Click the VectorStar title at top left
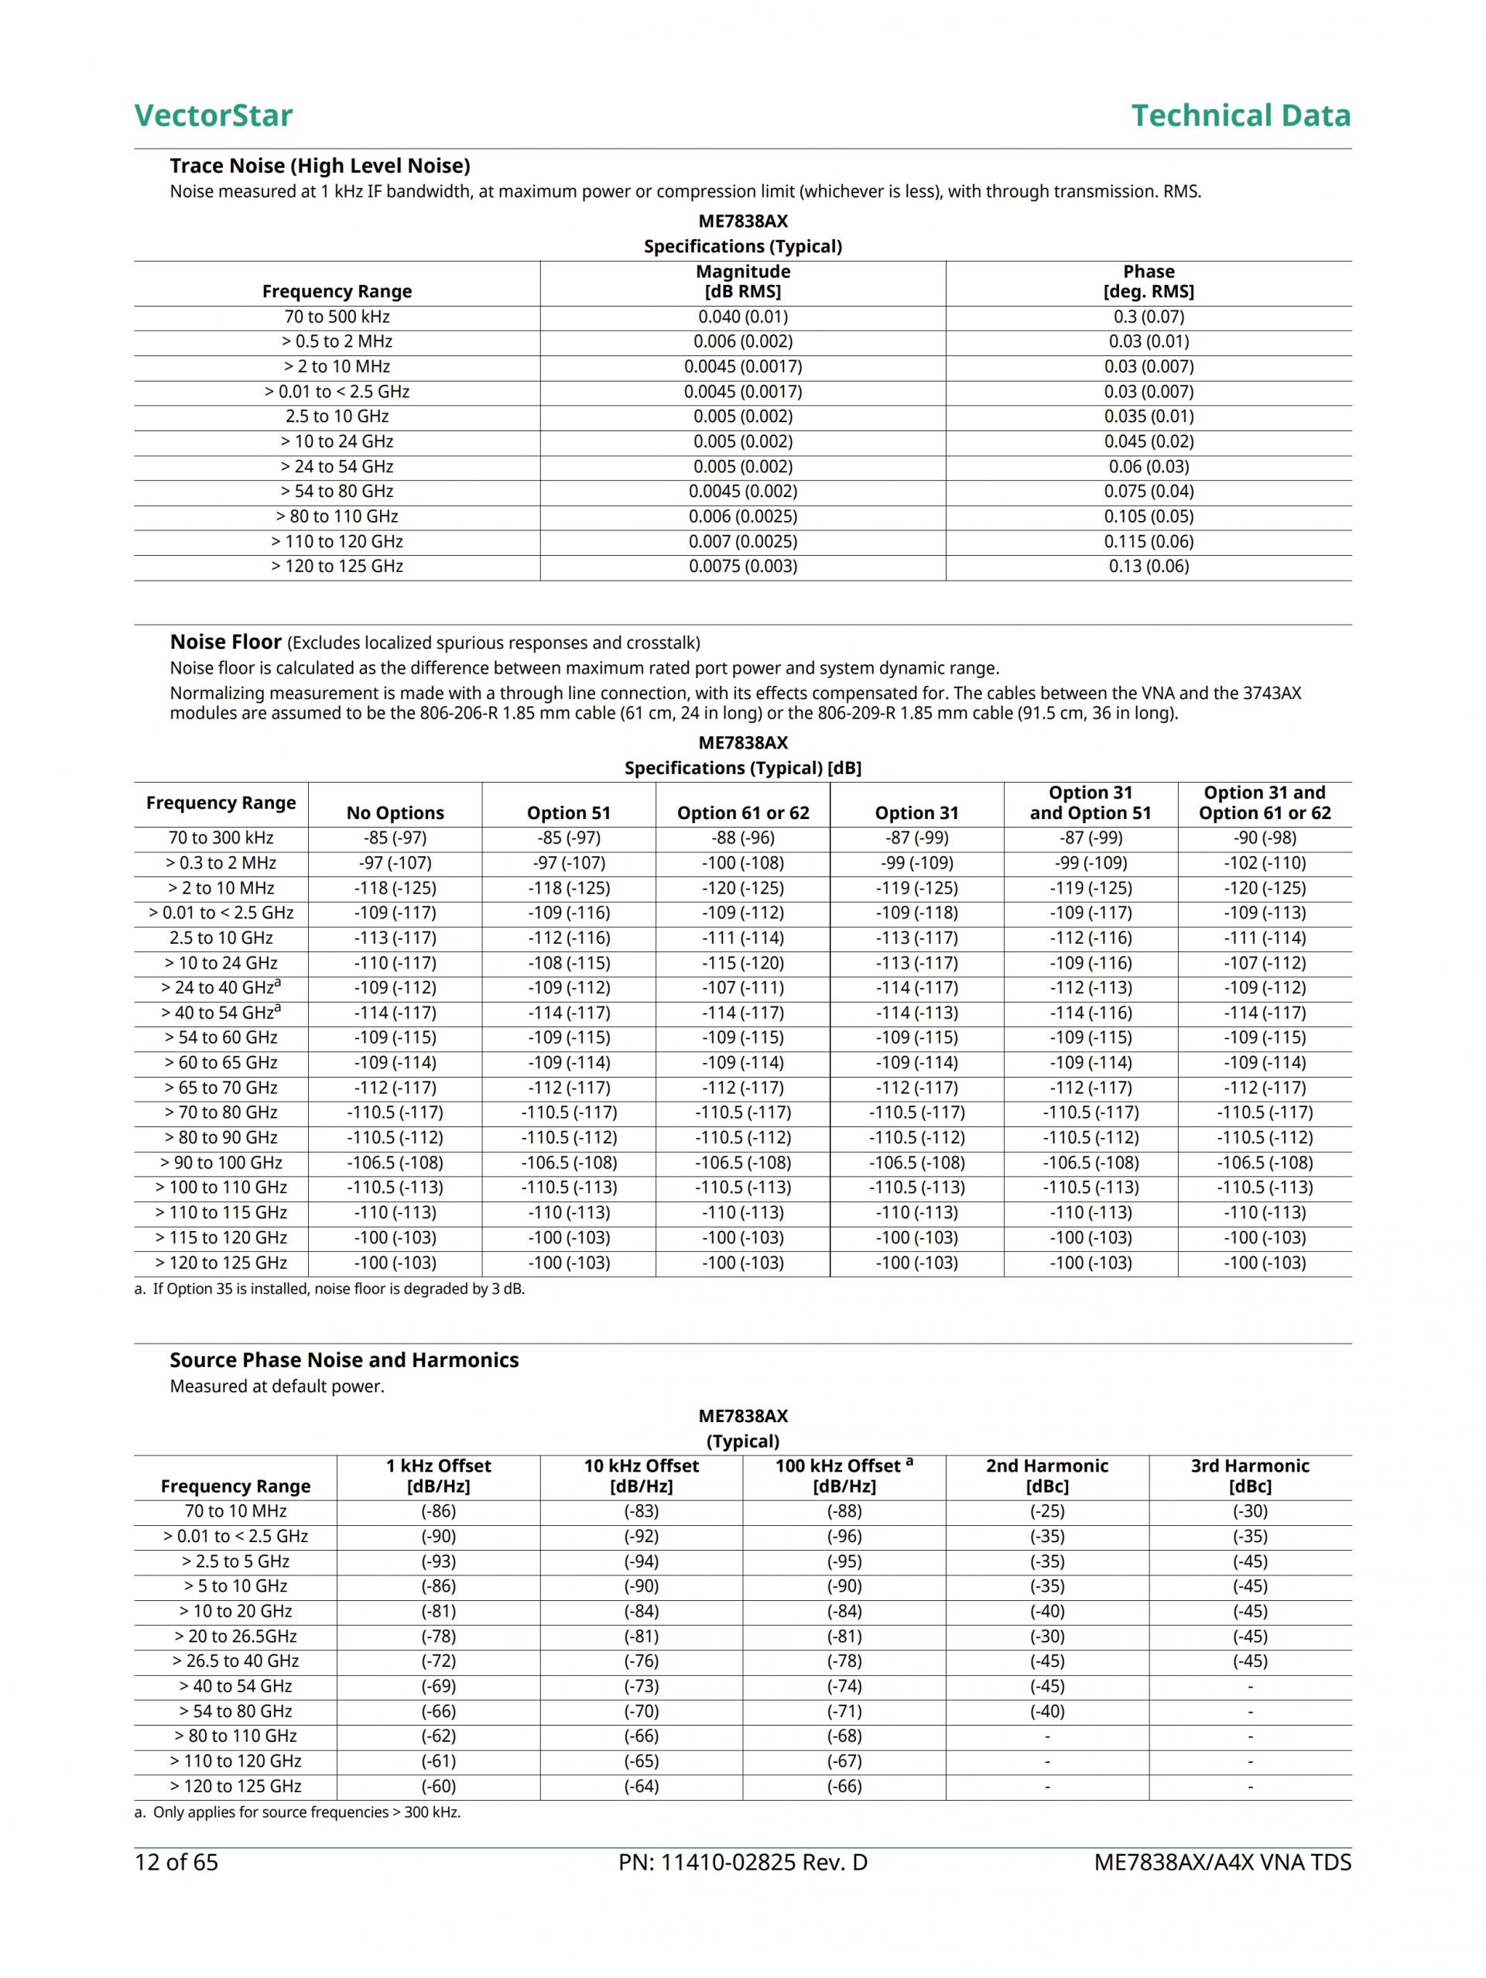[213, 115]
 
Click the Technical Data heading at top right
[1240, 115]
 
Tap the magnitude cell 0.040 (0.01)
[742, 317]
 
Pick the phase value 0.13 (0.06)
[1148, 566]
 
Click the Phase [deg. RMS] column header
[1148, 282]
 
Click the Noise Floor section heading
[225, 642]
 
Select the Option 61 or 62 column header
[742, 813]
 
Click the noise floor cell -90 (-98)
[1265, 838]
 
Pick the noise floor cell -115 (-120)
[742, 963]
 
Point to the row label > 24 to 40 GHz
[220, 987]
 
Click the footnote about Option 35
[329, 1288]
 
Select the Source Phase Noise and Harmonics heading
[344, 1360]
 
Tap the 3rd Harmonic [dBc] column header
[1249, 1476]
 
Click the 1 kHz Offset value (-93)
[438, 1561]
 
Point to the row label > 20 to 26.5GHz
[235, 1637]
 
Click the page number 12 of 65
[176, 1863]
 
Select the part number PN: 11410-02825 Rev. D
[742, 1863]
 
